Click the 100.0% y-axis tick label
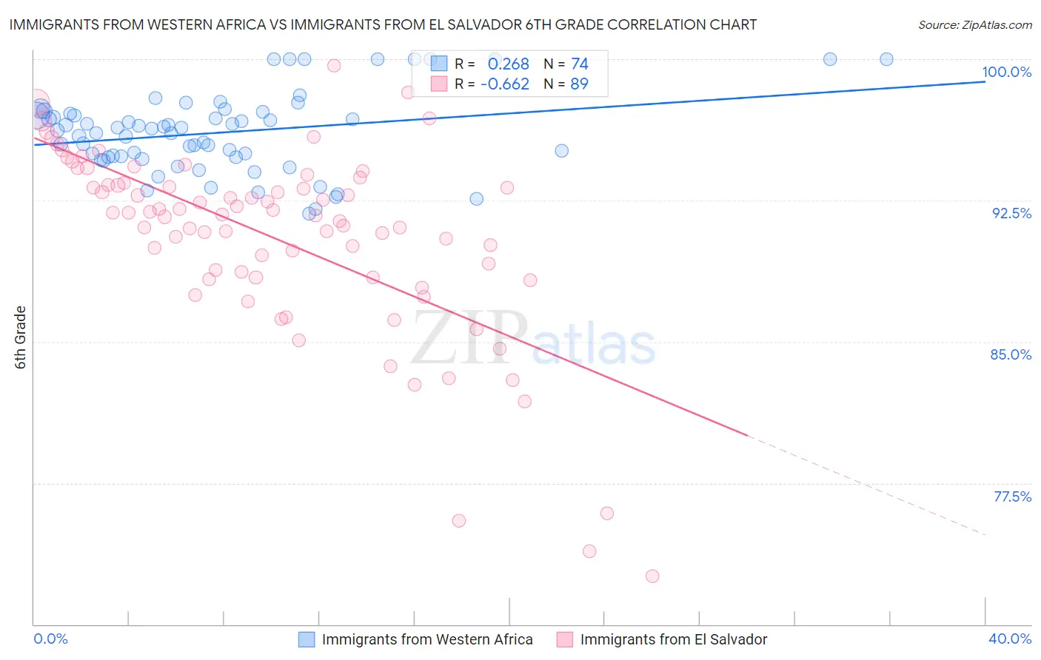point(1006,72)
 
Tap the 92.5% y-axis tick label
point(1011,213)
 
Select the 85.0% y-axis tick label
point(1011,354)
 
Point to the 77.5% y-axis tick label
point(1012,496)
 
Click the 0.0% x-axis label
point(50,639)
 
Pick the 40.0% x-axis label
point(1010,639)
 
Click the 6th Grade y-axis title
point(21,337)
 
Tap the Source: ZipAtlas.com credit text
point(974,24)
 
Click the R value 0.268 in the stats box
point(508,64)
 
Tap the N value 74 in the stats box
point(579,64)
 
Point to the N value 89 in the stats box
point(579,84)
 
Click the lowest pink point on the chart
point(652,576)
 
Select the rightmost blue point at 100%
point(886,59)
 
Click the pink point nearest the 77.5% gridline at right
point(607,513)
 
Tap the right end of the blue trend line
point(985,81)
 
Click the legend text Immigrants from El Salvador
point(673,639)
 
